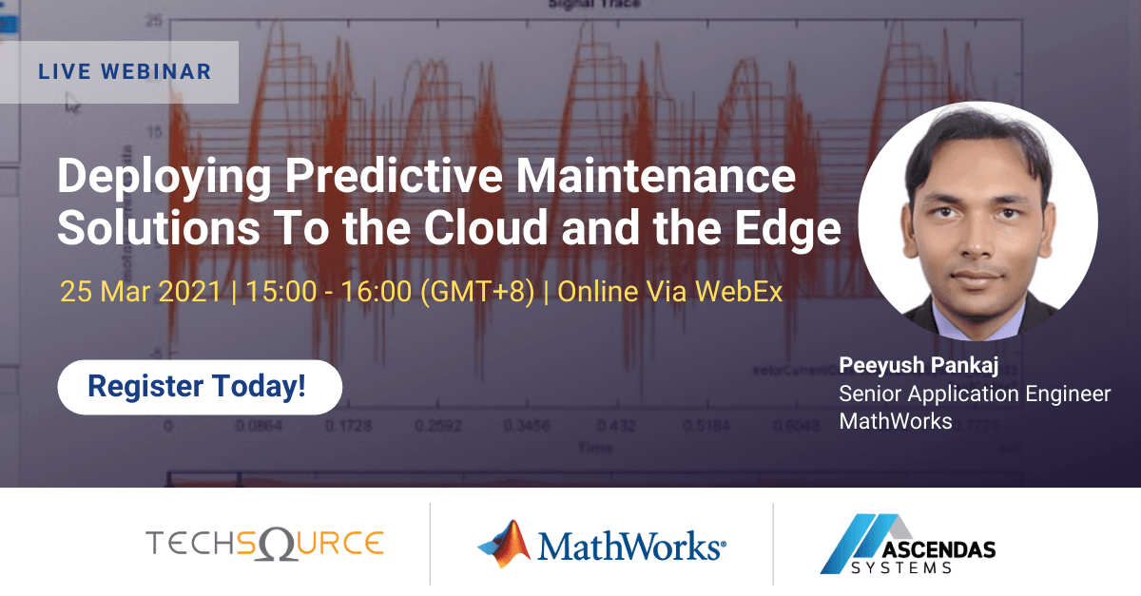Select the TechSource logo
pyautogui.click(x=264, y=544)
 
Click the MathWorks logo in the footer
pyautogui.click(x=602, y=545)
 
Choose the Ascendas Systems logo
pyautogui.click(x=907, y=545)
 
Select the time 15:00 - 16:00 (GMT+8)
pyautogui.click(x=390, y=291)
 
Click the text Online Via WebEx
pyautogui.click(x=669, y=291)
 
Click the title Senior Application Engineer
pyautogui.click(x=974, y=394)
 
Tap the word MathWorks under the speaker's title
pyautogui.click(x=895, y=421)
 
